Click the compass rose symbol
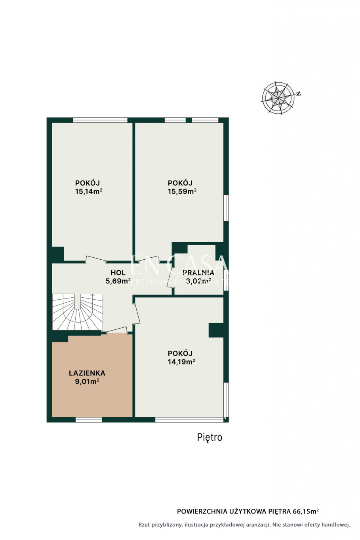[x=278, y=98]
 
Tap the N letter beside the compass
[x=299, y=94]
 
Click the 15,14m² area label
[x=88, y=191]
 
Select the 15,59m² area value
[x=182, y=191]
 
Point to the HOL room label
[x=118, y=273]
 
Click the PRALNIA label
[x=198, y=273]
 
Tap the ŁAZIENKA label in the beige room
[x=87, y=373]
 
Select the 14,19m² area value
[x=181, y=361]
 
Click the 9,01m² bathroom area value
[x=87, y=382]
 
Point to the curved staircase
[x=77, y=312]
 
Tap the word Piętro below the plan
[x=210, y=437]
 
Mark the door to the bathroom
[x=117, y=330]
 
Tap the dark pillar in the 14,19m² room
[x=216, y=330]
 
